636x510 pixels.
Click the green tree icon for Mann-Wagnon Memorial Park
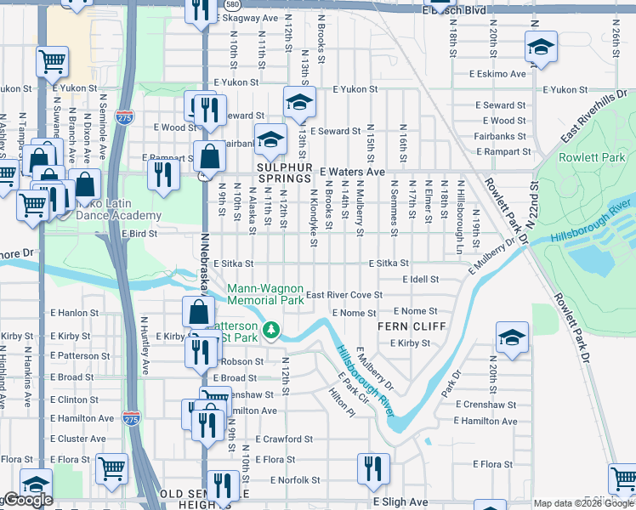(271, 329)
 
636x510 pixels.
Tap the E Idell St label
(420, 279)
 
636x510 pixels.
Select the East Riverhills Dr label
(594, 127)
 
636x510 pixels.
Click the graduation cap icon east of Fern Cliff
(512, 337)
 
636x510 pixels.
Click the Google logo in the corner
(27, 500)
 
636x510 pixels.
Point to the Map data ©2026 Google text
(583, 503)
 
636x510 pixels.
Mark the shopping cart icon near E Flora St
(112, 468)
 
